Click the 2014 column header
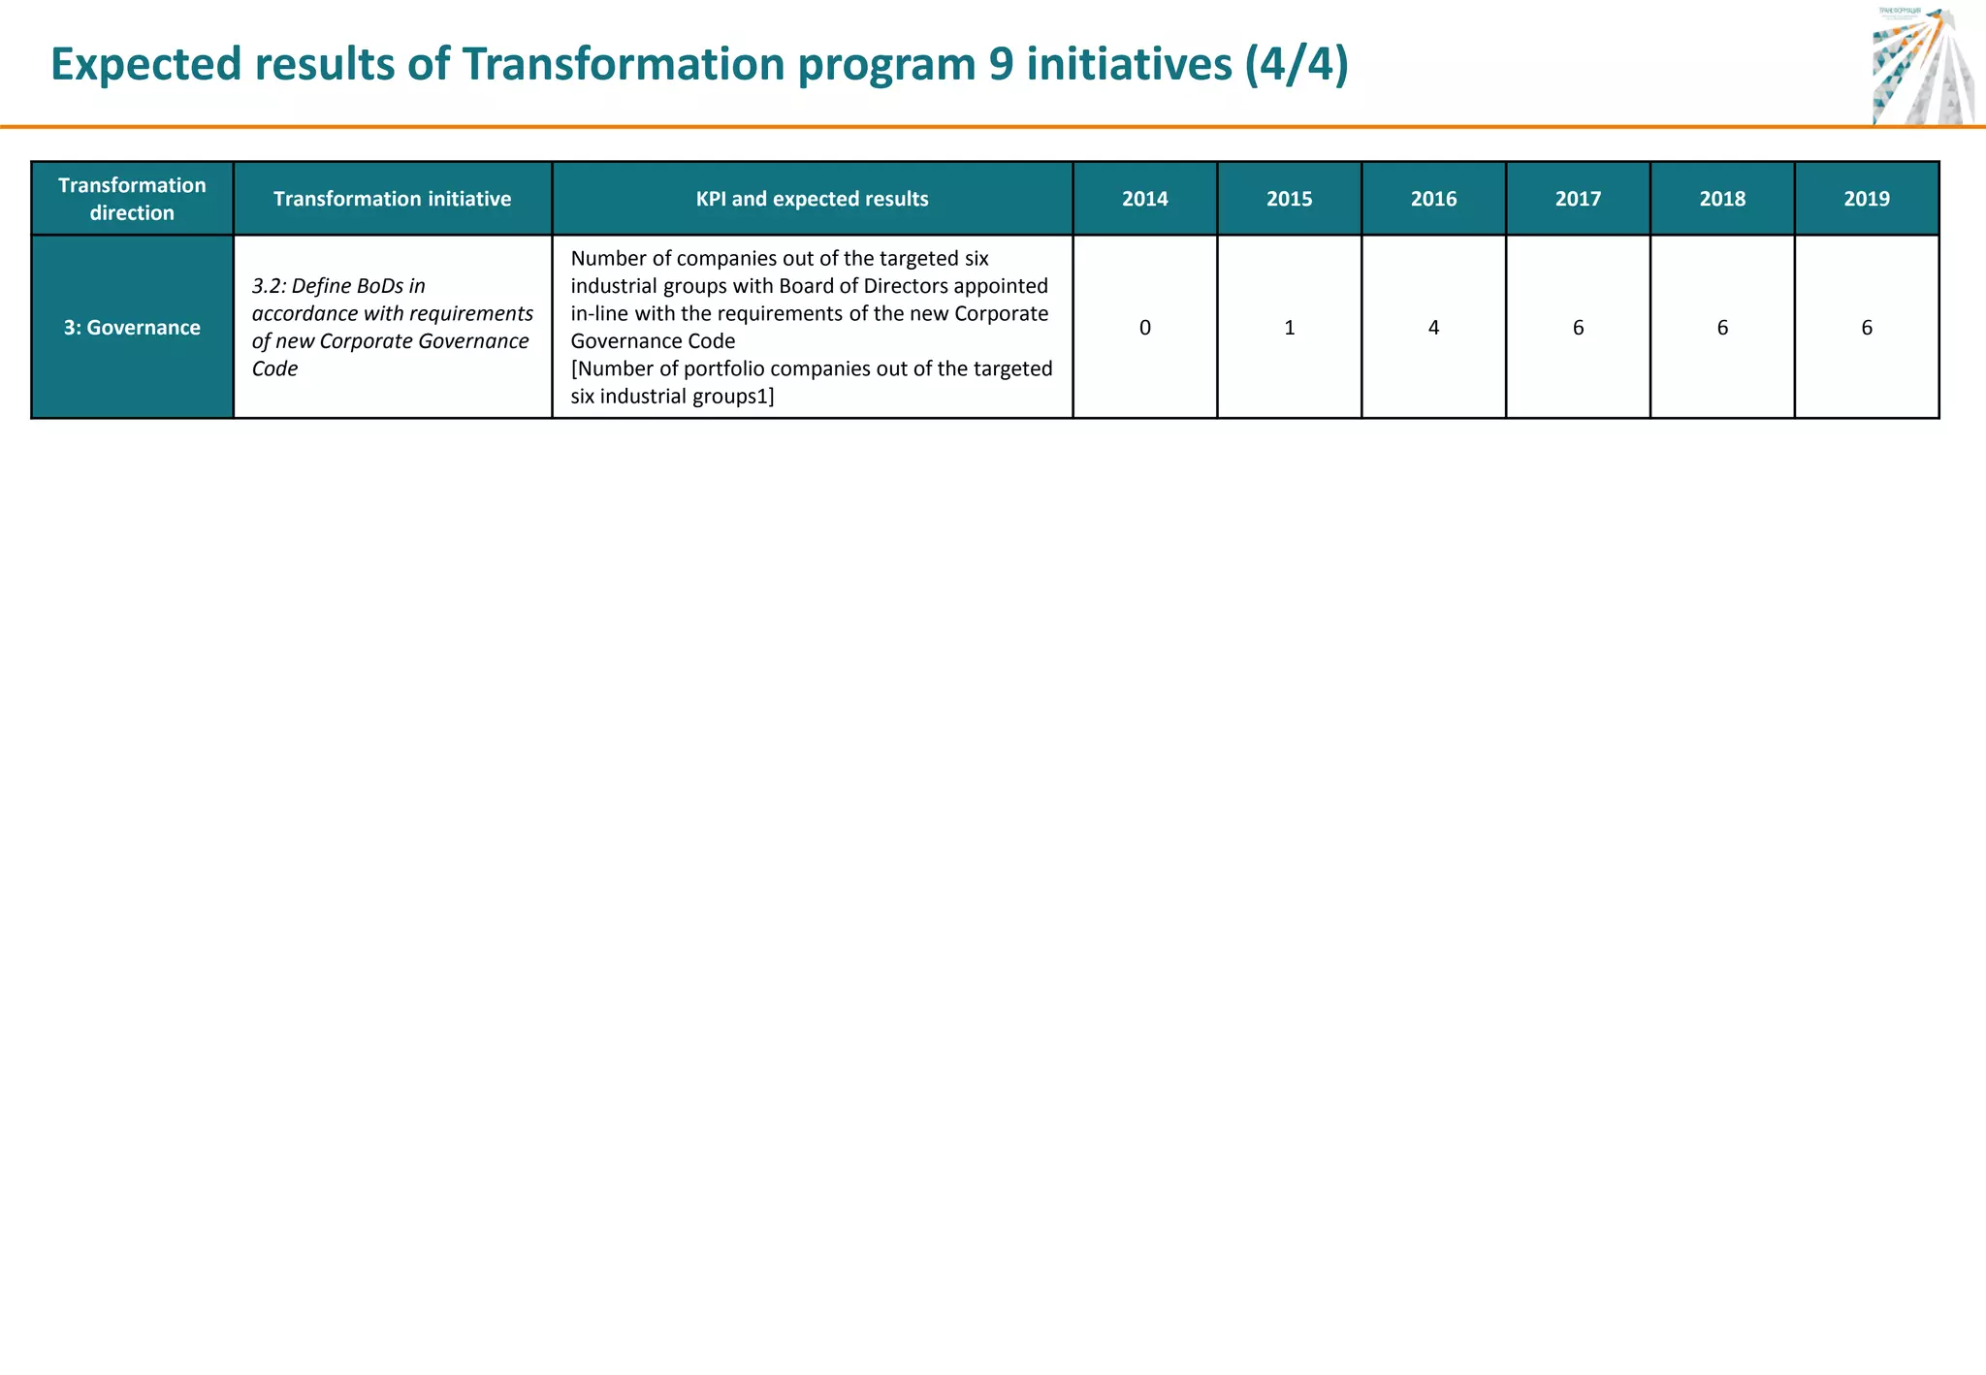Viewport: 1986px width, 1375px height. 1144,199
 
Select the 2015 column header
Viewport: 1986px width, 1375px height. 1289,199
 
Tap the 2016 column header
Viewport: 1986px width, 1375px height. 1433,199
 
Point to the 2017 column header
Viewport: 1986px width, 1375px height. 1578,199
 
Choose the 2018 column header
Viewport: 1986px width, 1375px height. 1722,199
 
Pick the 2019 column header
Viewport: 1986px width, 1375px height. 1867,199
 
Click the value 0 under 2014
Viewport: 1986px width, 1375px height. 1144,328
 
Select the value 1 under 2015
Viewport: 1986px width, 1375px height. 1289,328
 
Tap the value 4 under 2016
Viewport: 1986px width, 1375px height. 1433,328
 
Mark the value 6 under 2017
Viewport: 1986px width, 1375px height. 1578,328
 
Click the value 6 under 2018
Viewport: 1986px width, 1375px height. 1722,328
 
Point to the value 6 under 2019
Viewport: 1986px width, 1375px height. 1867,328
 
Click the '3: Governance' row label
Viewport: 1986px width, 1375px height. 132,328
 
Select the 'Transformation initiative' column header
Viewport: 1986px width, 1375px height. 392,199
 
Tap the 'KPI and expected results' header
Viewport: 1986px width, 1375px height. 812,199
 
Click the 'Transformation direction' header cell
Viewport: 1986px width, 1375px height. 132,199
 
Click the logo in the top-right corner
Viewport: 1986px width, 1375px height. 1922,66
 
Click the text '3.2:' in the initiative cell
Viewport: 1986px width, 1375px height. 269,286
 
